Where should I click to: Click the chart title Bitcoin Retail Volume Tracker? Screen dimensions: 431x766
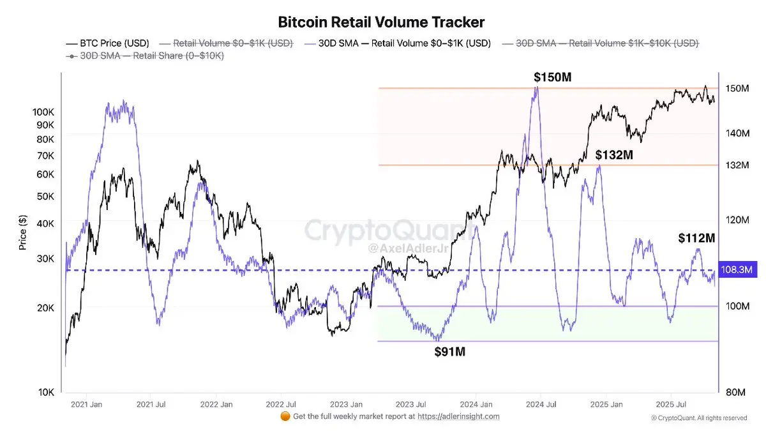(x=381, y=22)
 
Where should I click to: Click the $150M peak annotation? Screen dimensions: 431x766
(x=553, y=77)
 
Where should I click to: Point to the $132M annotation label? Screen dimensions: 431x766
(x=615, y=155)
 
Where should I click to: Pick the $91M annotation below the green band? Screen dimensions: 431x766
(x=450, y=352)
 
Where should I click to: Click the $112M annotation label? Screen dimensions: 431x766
(x=696, y=238)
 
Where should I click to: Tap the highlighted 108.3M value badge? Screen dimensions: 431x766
(x=737, y=270)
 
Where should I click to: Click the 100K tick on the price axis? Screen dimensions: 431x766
(x=44, y=112)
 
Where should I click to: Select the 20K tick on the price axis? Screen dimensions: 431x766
(x=47, y=308)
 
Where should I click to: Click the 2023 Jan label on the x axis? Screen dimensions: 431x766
(x=347, y=404)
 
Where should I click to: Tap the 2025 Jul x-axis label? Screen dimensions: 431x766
(x=671, y=404)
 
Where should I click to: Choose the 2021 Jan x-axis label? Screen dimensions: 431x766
(x=87, y=404)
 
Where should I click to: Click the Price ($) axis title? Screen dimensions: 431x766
(x=23, y=232)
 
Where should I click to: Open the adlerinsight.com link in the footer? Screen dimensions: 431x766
(x=459, y=416)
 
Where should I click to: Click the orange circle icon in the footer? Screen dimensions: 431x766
(x=285, y=416)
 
